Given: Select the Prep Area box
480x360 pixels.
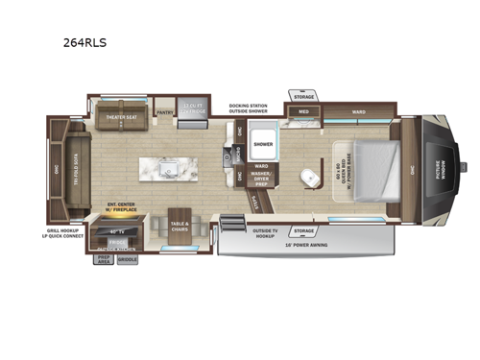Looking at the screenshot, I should click(103, 258).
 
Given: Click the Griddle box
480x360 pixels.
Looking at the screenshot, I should click(129, 258).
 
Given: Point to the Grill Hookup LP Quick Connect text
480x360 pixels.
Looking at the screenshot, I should click(66, 234).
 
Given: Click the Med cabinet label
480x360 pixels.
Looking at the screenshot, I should click(302, 112).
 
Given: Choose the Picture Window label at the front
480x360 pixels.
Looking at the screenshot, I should click(443, 173).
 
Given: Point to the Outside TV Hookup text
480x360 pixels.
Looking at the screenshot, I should click(259, 232).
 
